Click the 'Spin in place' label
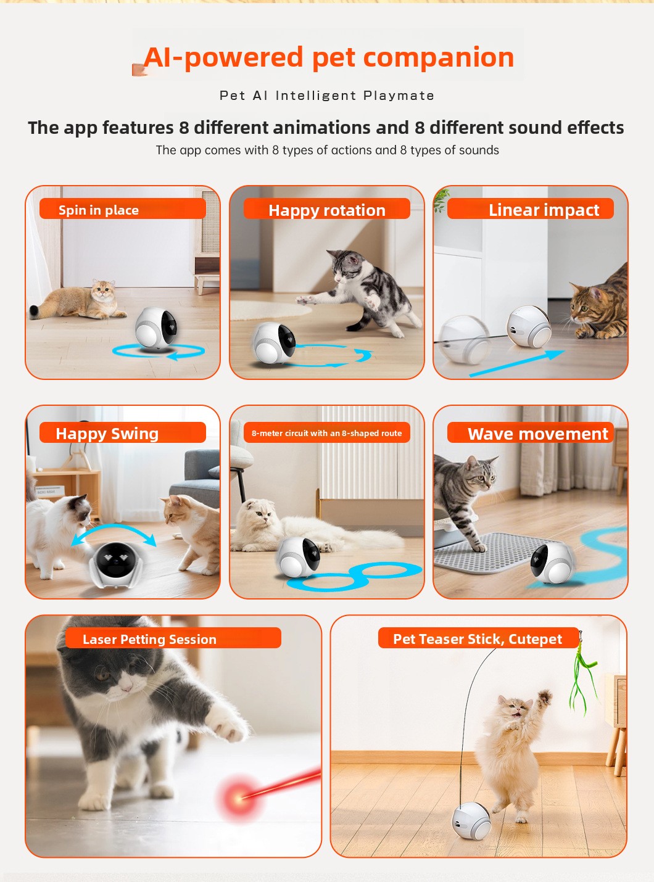tap(99, 210)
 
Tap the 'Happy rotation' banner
tap(327, 210)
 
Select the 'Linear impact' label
tap(544, 210)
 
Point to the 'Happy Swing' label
tap(107, 434)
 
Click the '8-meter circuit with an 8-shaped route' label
tap(326, 433)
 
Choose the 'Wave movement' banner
tap(538, 434)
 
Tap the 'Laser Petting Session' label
tap(149, 639)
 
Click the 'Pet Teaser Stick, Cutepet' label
tap(478, 638)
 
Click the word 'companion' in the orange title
tap(439, 57)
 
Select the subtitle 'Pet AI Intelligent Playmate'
tap(327, 96)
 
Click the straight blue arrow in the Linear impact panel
tap(517, 363)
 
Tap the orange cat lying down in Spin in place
tap(78, 301)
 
